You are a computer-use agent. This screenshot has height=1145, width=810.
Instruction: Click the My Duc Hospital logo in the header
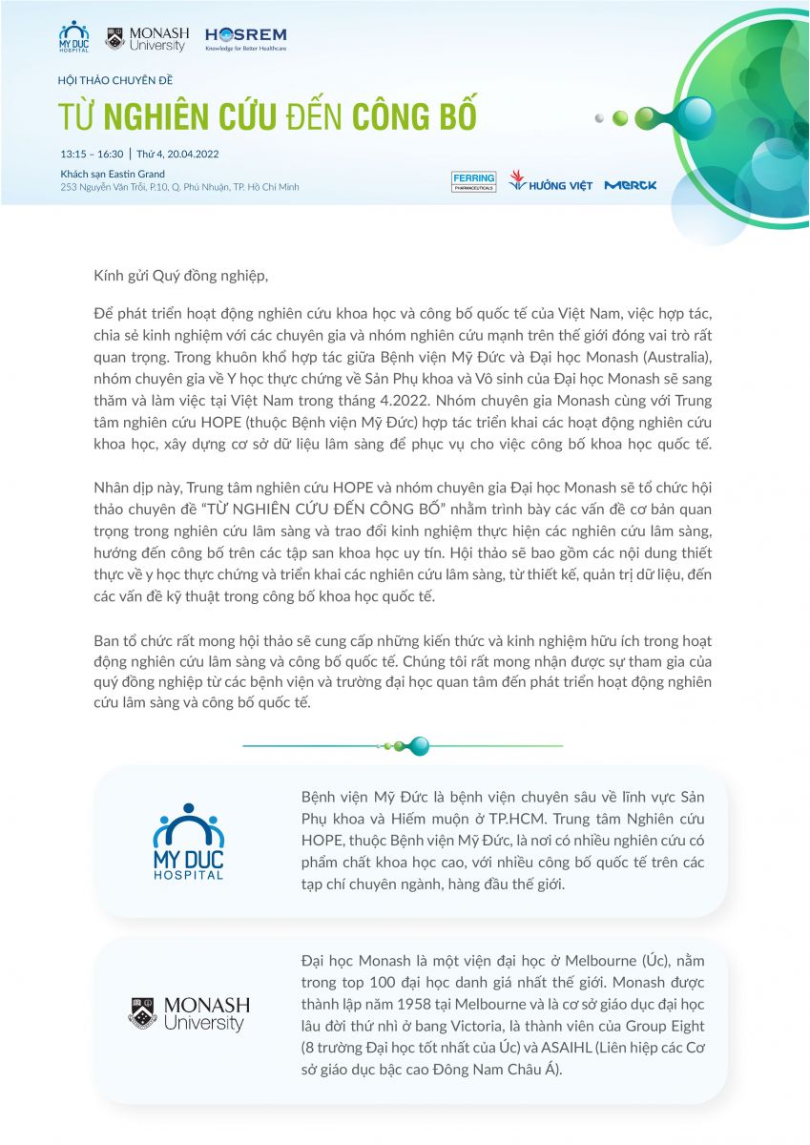point(73,37)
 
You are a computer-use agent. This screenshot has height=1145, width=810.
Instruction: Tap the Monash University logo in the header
point(147,38)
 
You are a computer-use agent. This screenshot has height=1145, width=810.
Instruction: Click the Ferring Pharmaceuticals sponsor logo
point(473,181)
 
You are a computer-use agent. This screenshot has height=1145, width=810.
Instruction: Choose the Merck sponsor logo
point(630,184)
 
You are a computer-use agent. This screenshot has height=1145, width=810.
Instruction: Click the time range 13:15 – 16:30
point(92,153)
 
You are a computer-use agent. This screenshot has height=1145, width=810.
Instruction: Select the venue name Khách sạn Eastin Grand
point(113,174)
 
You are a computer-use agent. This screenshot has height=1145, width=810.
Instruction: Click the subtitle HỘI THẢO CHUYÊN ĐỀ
point(115,80)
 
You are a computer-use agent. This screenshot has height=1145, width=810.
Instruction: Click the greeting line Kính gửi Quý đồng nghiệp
point(181,276)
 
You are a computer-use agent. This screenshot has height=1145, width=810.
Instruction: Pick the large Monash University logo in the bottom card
point(189,1013)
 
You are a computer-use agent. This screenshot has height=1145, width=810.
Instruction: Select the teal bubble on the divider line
point(418,745)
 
